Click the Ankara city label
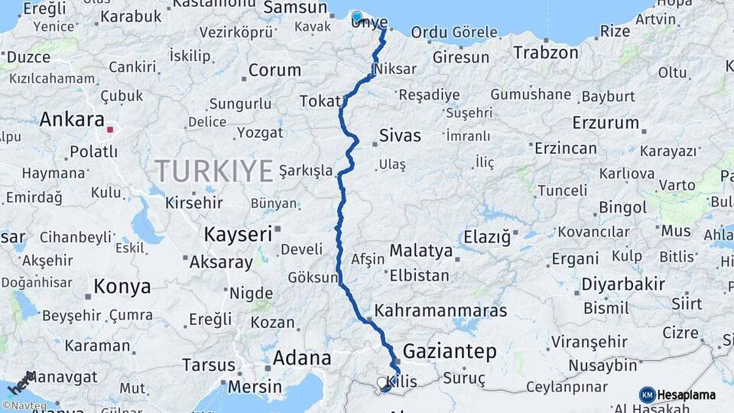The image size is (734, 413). click(x=71, y=119)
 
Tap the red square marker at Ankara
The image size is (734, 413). click(x=110, y=130)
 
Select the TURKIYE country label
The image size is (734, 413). click(x=213, y=170)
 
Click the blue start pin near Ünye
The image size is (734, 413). click(x=357, y=17)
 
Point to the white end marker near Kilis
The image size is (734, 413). click(x=382, y=382)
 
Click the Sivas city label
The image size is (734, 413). click(x=400, y=136)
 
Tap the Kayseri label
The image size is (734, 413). click(x=238, y=234)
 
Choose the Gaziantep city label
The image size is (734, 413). click(x=450, y=351)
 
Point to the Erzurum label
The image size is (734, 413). click(x=605, y=122)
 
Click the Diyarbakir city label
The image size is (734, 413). click(x=622, y=285)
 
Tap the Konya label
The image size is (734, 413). click(x=122, y=287)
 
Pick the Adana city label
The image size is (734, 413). click(x=302, y=358)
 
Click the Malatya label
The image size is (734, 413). click(x=421, y=250)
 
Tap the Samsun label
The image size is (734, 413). click(x=295, y=8)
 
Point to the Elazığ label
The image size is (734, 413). click(x=483, y=237)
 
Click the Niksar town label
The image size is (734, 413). click(x=397, y=69)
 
